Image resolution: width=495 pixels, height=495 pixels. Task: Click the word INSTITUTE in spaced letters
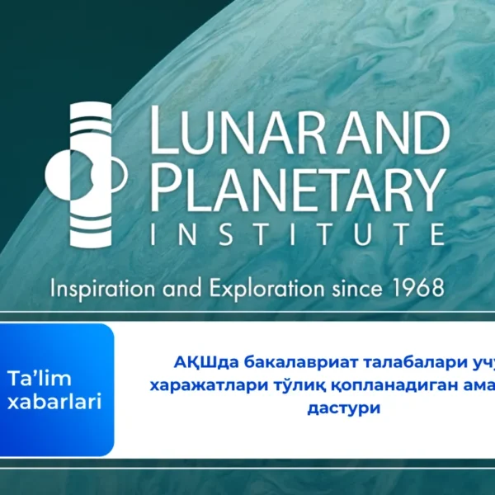pyautogui.click(x=299, y=235)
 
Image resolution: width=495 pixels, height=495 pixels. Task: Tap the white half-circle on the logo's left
pyautogui.click(x=56, y=175)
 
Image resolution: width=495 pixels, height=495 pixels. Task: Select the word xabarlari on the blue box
pyautogui.click(x=54, y=403)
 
